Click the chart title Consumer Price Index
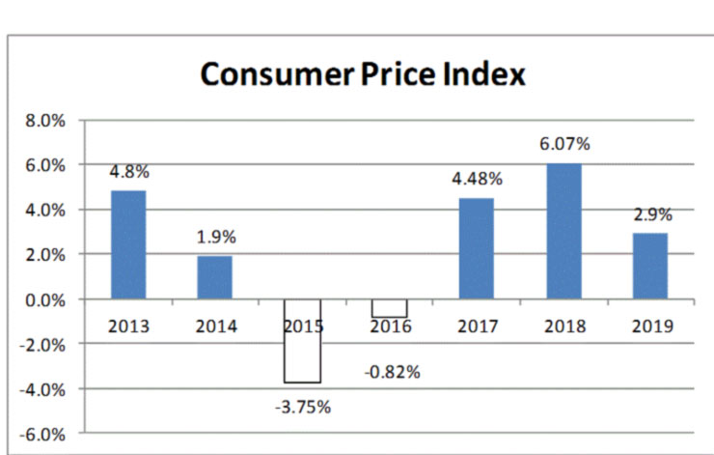(362, 73)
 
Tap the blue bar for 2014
(215, 277)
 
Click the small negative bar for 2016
(390, 308)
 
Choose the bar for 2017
(477, 248)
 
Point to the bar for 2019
(651, 266)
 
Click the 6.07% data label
(564, 144)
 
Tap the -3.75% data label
(302, 407)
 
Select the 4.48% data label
(477, 179)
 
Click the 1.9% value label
(215, 237)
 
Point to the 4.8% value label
(128, 171)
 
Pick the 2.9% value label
(651, 214)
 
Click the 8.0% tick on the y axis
(43, 122)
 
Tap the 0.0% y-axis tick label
(43, 299)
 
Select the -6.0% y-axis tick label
(41, 434)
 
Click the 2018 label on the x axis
(564, 327)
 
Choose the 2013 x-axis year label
(128, 327)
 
